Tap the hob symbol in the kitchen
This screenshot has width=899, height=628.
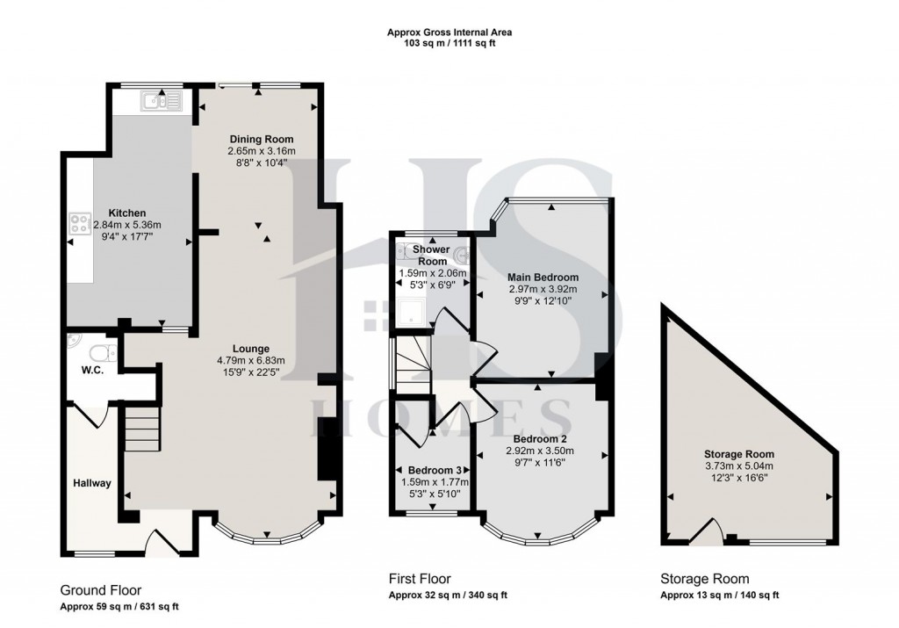(77, 225)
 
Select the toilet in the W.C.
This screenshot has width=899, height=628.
(103, 352)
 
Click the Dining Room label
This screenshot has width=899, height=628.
(262, 140)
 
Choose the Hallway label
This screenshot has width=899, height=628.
(90, 482)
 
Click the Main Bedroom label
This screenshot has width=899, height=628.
(543, 277)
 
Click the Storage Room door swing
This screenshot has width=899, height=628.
(711, 531)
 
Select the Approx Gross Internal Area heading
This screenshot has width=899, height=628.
(449, 32)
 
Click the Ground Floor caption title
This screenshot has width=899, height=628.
(100, 590)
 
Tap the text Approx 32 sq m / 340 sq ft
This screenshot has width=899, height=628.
(448, 596)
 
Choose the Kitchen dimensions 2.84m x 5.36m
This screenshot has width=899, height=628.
(140, 225)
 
